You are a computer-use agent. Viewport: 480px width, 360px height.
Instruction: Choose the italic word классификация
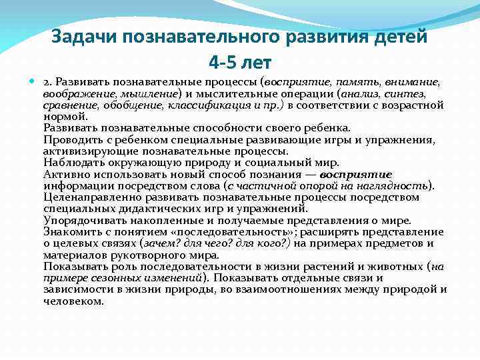205,105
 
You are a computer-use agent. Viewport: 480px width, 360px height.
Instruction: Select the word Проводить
69,140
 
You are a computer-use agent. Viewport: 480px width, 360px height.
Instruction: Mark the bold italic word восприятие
357,174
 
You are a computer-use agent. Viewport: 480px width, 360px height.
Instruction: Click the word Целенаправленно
89,197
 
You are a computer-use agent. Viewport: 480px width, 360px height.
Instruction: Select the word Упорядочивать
81,220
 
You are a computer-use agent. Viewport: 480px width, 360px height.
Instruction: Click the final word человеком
73,301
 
